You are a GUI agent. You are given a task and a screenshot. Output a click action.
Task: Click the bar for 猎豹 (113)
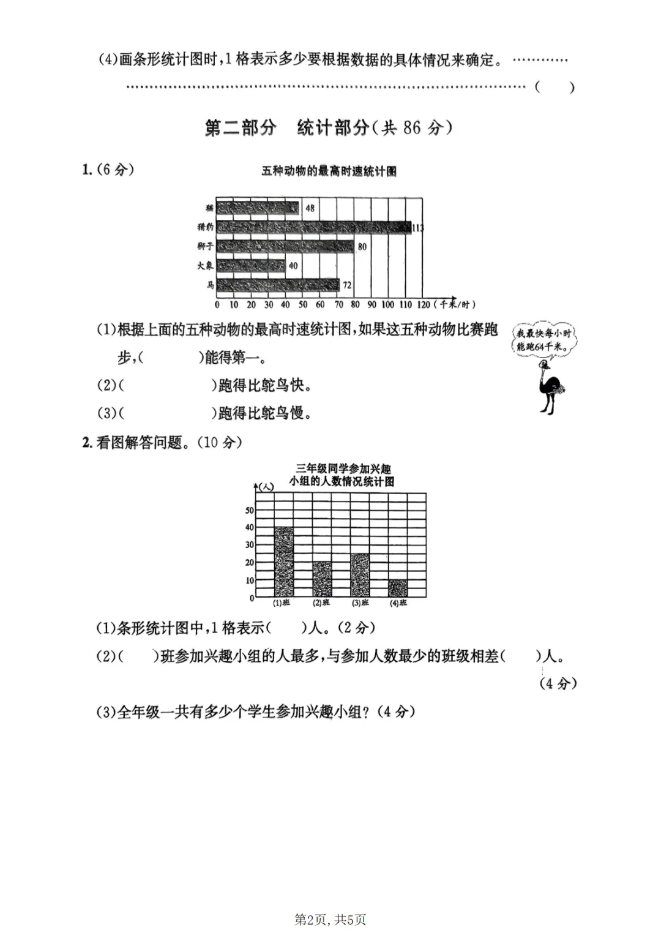pyautogui.click(x=313, y=227)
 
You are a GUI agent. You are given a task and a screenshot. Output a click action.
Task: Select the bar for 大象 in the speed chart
pyautogui.click(x=251, y=266)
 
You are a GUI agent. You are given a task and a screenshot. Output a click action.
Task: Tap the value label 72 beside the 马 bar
pyautogui.click(x=347, y=285)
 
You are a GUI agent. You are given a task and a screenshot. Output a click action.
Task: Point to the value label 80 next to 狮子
pyautogui.click(x=362, y=247)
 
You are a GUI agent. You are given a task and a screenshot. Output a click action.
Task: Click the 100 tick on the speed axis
pyautogui.click(x=387, y=304)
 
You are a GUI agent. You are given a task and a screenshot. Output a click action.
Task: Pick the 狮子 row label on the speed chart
pyautogui.click(x=206, y=246)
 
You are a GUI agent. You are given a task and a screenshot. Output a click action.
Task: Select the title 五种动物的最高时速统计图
pyautogui.click(x=329, y=171)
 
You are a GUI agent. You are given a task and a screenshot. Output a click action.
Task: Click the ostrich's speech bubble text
pyautogui.click(x=543, y=340)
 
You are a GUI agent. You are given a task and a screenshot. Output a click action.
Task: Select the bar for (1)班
pyautogui.click(x=284, y=562)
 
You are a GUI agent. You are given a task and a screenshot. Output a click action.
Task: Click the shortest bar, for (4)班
pyautogui.click(x=398, y=588)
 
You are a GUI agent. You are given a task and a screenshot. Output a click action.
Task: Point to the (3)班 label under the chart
pyautogui.click(x=360, y=603)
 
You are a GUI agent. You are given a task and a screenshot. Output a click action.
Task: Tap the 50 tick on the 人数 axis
pyautogui.click(x=250, y=510)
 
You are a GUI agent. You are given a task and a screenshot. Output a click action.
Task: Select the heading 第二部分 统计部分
pyautogui.click(x=329, y=128)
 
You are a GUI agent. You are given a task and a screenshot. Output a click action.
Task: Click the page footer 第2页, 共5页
pyautogui.click(x=330, y=919)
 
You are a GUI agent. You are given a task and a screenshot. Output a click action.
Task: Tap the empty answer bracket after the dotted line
pyautogui.click(x=555, y=87)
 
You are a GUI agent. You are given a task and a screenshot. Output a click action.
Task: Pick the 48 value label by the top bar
pyautogui.click(x=310, y=208)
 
